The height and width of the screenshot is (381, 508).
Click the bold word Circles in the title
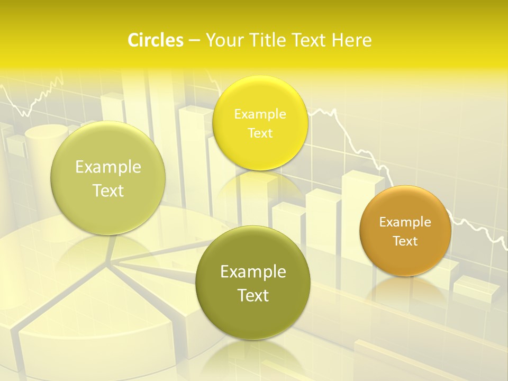click(155, 40)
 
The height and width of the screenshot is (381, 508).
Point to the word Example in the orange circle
click(405, 222)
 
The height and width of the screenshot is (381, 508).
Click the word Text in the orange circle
click(405, 241)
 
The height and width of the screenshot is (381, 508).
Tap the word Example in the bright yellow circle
click(260, 114)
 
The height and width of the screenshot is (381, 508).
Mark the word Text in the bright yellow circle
click(260, 133)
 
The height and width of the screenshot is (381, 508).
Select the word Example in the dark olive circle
click(253, 272)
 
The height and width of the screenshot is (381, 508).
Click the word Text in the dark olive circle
click(253, 295)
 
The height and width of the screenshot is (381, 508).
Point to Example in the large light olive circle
click(108, 167)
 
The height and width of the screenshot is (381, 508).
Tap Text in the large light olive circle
click(108, 190)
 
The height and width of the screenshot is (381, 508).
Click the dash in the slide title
click(194, 41)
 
